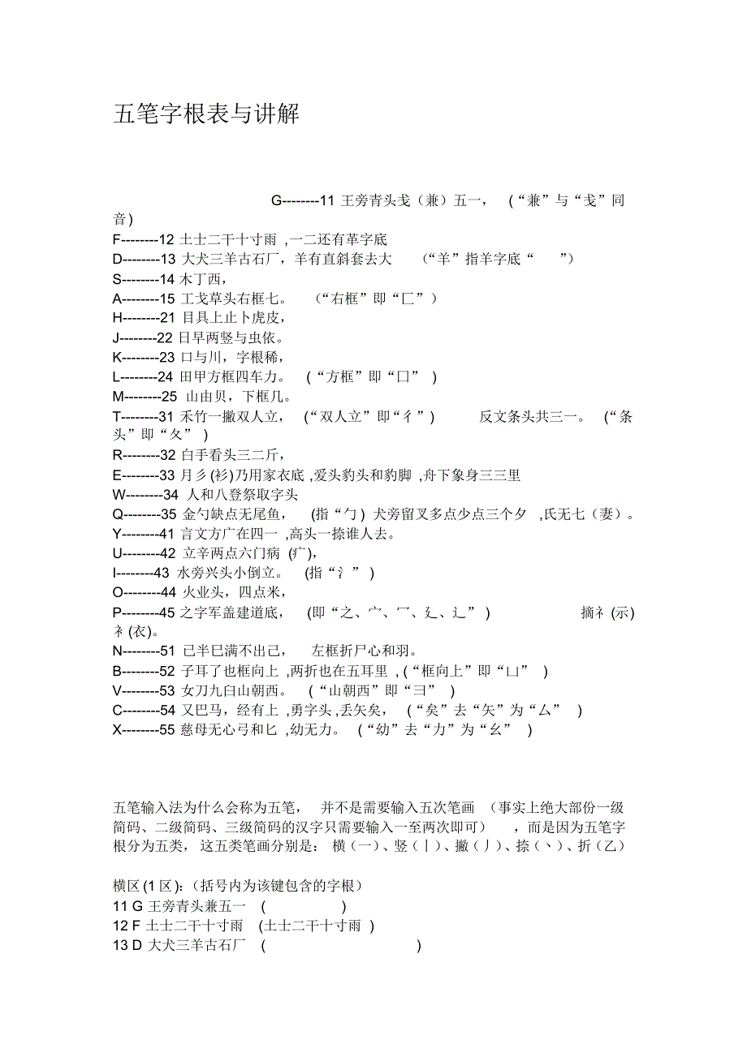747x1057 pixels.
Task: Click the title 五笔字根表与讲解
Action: click(x=206, y=114)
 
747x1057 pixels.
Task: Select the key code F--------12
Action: click(x=144, y=239)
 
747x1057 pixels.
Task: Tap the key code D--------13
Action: click(x=144, y=259)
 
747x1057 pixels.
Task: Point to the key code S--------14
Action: click(x=144, y=279)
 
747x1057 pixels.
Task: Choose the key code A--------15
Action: click(x=144, y=299)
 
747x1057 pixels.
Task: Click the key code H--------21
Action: click(x=144, y=318)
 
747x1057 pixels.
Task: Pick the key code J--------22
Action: click(x=144, y=337)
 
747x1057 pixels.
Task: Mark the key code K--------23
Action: click(x=144, y=357)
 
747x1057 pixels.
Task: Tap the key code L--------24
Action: click(x=144, y=377)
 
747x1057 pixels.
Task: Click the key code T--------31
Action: click(x=144, y=417)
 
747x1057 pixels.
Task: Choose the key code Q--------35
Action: click(x=144, y=514)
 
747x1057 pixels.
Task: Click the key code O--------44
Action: click(x=144, y=592)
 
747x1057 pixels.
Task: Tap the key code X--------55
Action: click(x=144, y=730)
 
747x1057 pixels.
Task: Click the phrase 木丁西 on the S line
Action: click(x=199, y=279)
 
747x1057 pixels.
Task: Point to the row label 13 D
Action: click(x=127, y=945)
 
